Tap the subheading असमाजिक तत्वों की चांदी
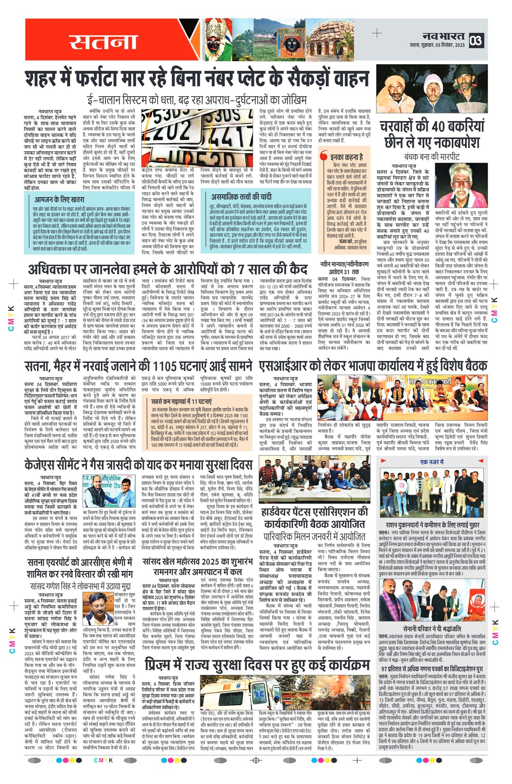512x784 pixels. point(242,197)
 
